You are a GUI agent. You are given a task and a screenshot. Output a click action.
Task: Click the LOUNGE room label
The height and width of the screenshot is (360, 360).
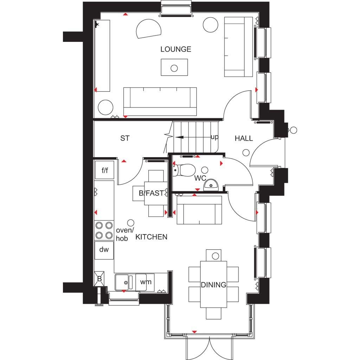click(x=176, y=49)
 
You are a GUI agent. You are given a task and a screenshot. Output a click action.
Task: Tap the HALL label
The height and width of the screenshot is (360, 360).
click(x=244, y=138)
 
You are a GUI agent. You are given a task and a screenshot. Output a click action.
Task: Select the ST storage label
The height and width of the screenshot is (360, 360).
click(x=125, y=138)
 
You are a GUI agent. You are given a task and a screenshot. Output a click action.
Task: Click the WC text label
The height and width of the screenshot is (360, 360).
click(x=200, y=178)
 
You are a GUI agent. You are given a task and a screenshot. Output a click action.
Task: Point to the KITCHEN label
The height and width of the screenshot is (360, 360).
click(x=151, y=237)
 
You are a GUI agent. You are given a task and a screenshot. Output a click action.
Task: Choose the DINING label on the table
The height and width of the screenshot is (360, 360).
click(x=213, y=285)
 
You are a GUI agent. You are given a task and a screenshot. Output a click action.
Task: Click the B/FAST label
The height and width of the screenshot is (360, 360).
click(x=151, y=193)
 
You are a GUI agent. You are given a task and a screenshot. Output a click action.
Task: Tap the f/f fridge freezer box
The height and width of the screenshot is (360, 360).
click(x=104, y=170)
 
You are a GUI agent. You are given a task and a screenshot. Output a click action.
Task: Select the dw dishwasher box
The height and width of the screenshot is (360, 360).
click(x=104, y=250)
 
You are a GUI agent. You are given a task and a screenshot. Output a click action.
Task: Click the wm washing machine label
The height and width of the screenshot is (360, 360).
click(x=146, y=282)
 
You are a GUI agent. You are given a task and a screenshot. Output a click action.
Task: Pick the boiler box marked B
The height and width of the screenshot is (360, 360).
click(x=99, y=279)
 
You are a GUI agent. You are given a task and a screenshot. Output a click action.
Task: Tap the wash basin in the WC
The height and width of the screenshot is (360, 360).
click(x=211, y=185)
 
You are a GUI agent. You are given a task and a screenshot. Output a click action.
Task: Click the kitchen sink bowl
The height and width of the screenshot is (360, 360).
click(x=122, y=282)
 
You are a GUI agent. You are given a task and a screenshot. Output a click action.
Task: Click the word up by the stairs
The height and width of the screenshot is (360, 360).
click(x=214, y=137)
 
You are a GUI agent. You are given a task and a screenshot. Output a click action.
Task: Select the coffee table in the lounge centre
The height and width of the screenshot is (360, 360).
click(x=174, y=67)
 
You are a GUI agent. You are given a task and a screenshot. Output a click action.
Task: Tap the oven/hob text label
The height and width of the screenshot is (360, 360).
click(x=124, y=234)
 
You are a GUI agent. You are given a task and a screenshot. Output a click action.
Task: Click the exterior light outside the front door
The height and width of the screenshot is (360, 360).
click(x=294, y=130)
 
